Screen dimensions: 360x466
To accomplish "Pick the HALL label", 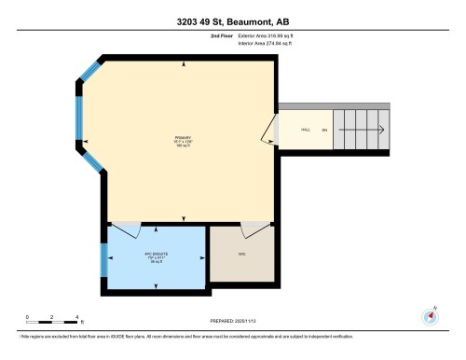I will [x=305, y=130].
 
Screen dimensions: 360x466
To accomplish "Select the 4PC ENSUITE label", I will [x=154, y=254].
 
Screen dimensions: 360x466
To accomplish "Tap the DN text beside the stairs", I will [x=324, y=130].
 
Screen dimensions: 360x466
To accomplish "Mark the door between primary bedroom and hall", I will [x=270, y=130].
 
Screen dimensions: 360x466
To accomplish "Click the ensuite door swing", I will [x=126, y=228].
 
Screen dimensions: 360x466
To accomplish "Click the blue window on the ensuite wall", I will [x=103, y=260].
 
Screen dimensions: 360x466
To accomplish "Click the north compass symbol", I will [x=430, y=314].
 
